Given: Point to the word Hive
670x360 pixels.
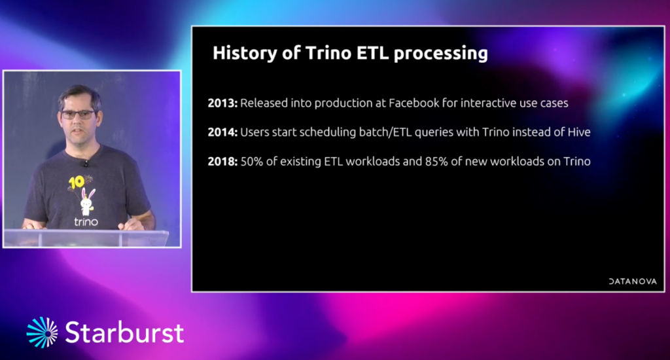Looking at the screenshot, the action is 579,132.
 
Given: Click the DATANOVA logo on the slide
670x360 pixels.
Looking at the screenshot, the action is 633,281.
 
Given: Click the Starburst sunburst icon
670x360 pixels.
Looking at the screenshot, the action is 42,333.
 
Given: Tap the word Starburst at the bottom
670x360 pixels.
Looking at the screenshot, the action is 124,333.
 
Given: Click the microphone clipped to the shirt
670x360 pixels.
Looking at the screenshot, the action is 86,164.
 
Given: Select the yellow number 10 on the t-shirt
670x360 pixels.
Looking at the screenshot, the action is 76,183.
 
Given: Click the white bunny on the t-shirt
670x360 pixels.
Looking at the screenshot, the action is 88,202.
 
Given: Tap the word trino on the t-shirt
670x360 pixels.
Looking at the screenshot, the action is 86,222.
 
